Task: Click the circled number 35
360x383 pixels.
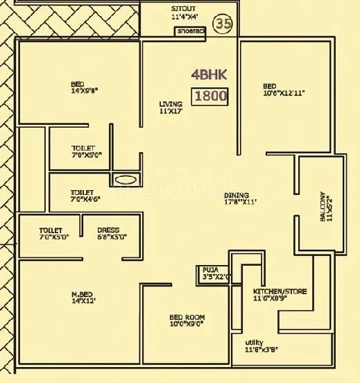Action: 222,23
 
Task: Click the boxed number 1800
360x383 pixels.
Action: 211,96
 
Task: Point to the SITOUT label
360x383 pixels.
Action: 183,8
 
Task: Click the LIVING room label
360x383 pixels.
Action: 171,104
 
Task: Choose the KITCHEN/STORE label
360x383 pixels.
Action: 280,291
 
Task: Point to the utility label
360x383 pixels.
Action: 254,342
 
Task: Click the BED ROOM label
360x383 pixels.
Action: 187,317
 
